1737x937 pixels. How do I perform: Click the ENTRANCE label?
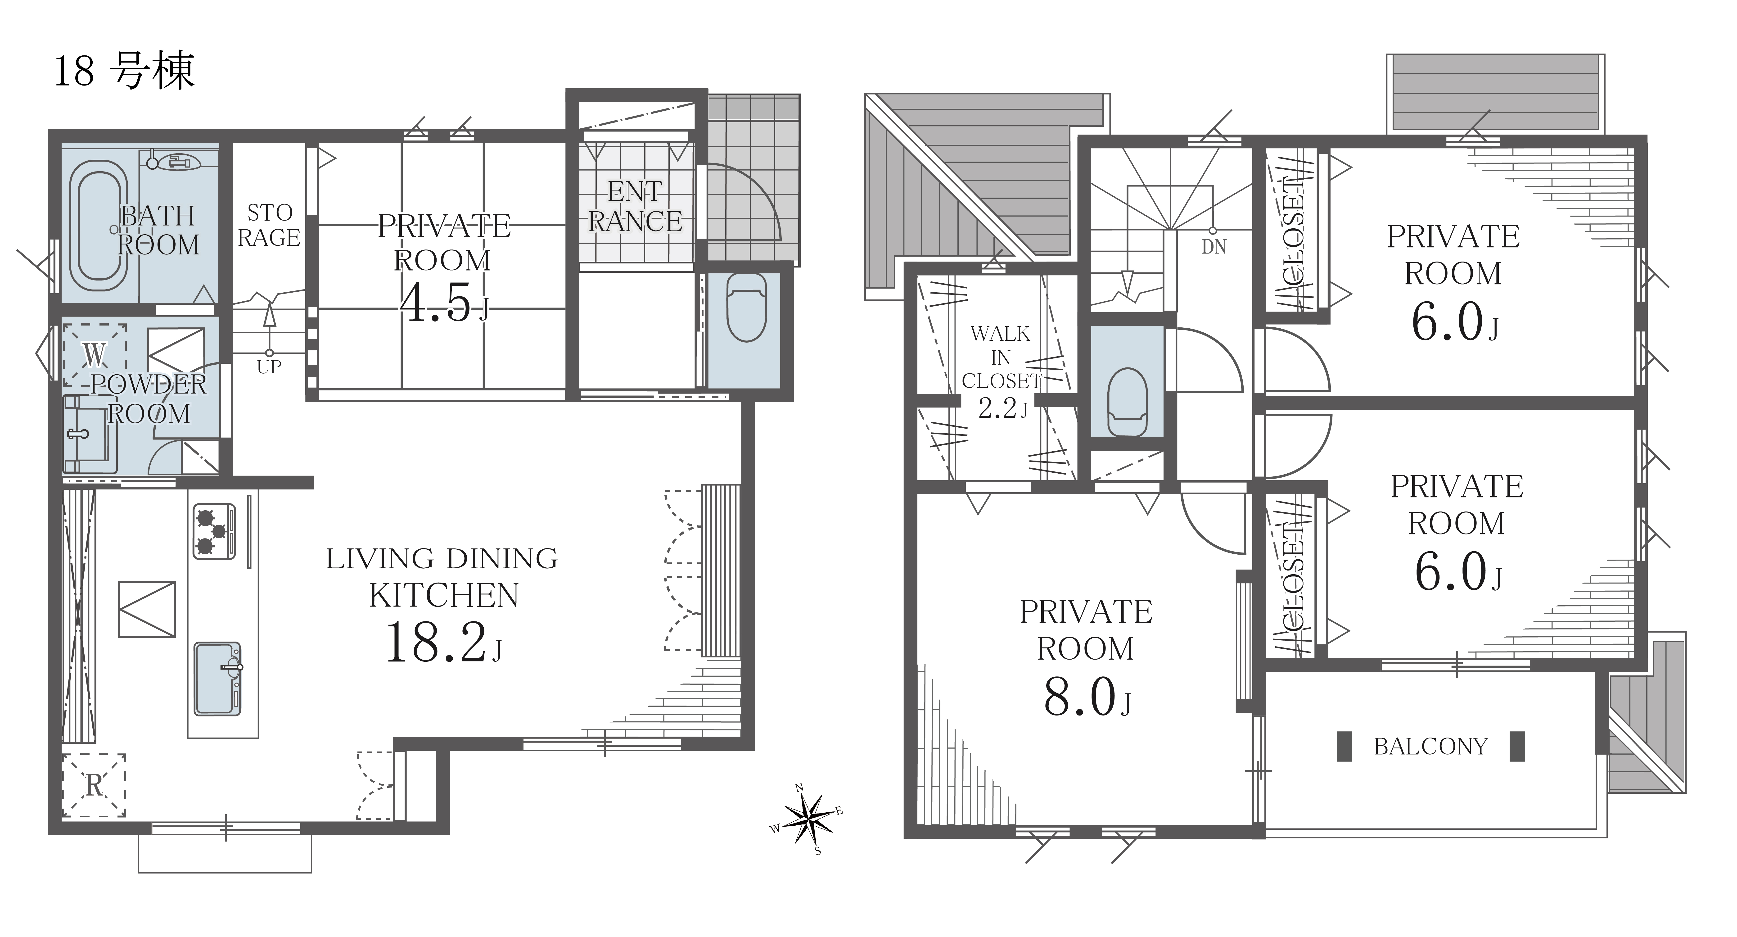635,206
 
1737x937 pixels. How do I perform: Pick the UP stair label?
269,367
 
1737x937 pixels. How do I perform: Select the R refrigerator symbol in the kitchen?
95,785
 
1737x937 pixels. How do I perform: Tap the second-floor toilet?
1128,402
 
